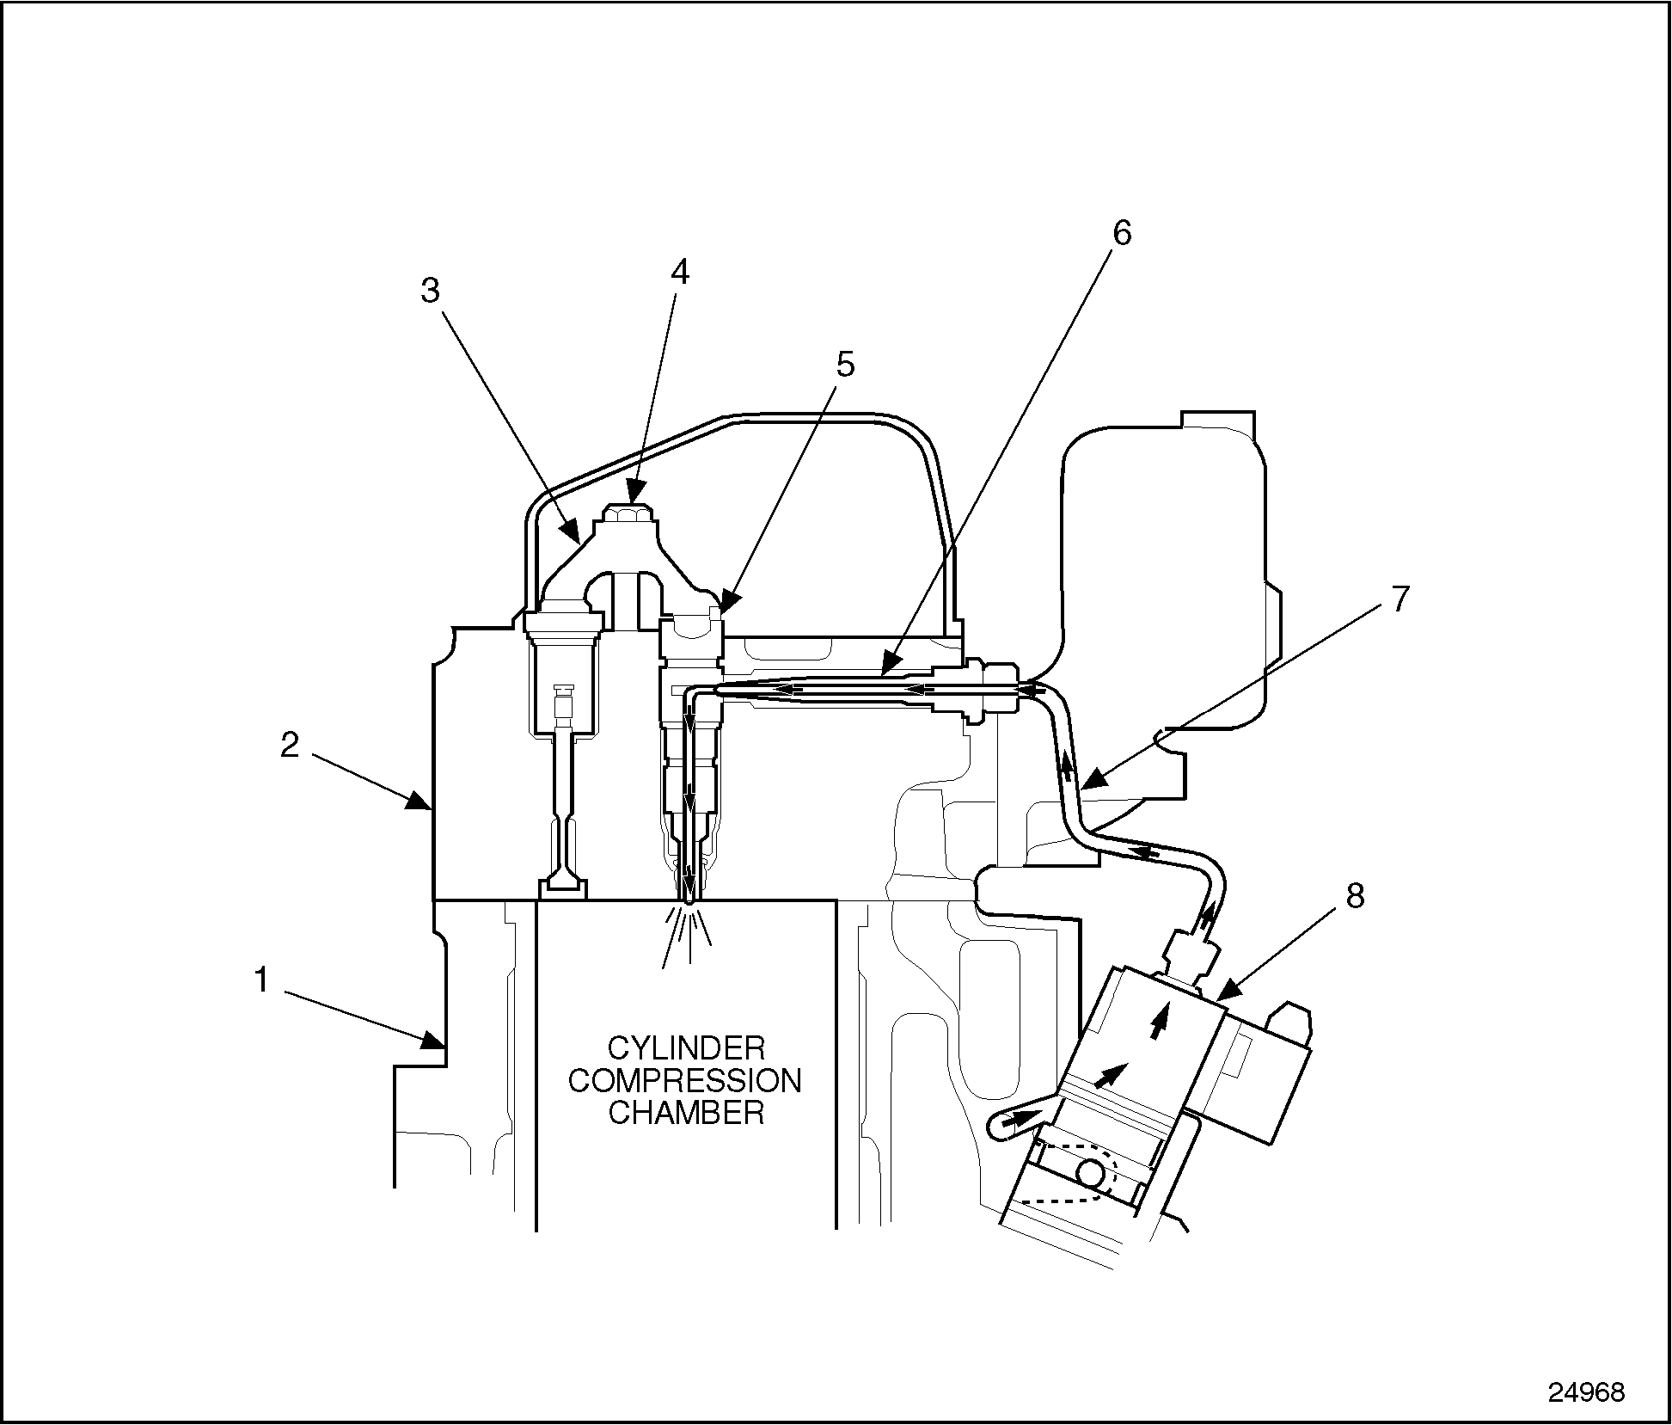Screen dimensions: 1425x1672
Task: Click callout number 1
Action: click(x=262, y=980)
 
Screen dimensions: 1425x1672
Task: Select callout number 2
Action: click(x=290, y=745)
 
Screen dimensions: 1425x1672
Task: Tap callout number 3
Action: click(x=430, y=291)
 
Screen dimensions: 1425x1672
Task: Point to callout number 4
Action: click(x=679, y=272)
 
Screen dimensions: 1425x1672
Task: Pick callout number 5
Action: click(x=846, y=365)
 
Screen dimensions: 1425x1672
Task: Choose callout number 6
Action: click(x=1122, y=232)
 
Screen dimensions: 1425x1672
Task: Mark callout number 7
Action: click(x=1400, y=599)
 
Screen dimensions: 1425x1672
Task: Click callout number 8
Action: click(x=1355, y=896)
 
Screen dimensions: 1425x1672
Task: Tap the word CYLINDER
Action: click(x=686, y=1048)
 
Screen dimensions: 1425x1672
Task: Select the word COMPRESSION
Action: click(x=685, y=1080)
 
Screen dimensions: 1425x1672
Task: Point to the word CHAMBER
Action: click(x=686, y=1113)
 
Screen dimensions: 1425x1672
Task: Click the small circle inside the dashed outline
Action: click(x=1093, y=1172)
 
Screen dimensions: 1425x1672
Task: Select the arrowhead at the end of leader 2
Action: click(x=422, y=804)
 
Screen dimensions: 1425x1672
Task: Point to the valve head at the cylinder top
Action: click(x=563, y=887)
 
